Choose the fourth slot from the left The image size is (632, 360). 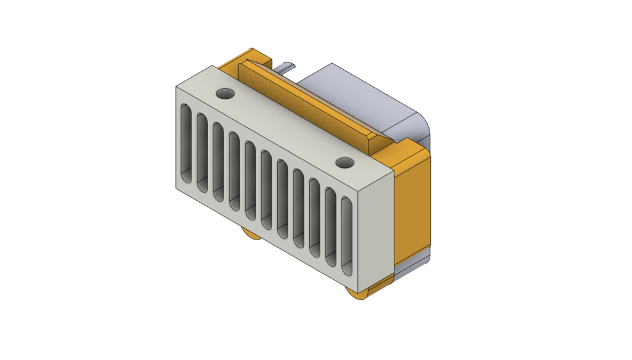pyautogui.click(x=233, y=169)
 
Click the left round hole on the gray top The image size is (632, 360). pyautogui.click(x=225, y=94)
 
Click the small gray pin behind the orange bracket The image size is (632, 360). pyautogui.click(x=285, y=67)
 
